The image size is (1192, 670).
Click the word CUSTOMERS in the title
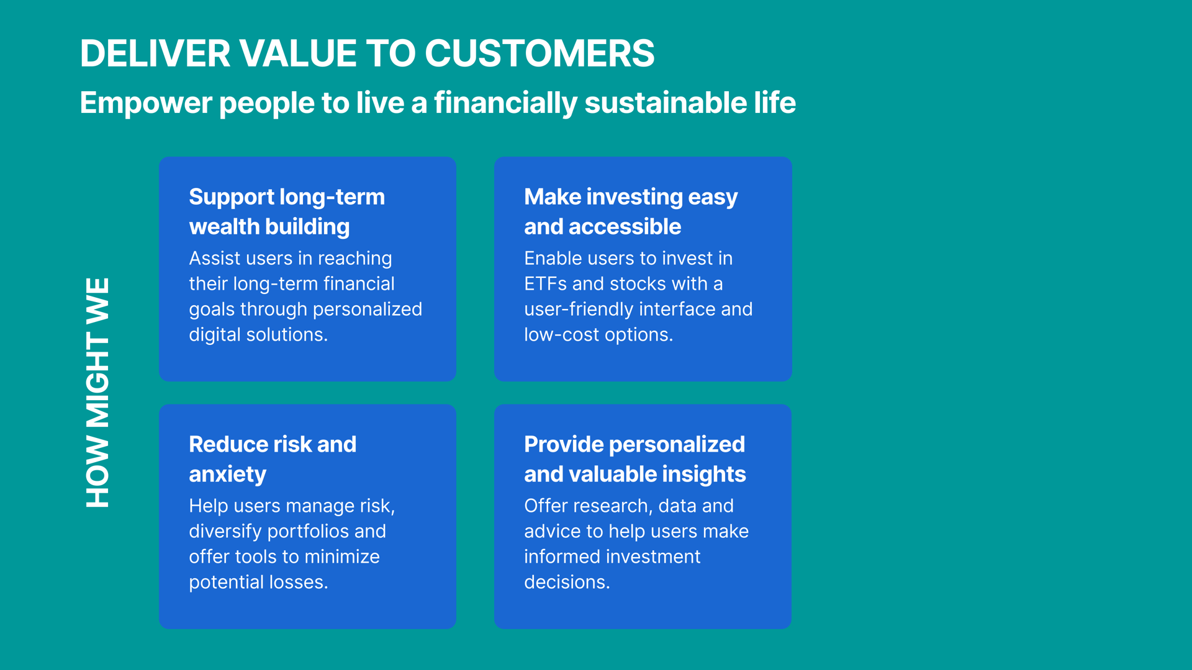click(540, 53)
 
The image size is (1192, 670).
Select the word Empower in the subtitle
click(146, 104)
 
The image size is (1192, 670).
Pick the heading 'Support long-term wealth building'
click(287, 212)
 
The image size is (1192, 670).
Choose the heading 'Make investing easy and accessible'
click(631, 212)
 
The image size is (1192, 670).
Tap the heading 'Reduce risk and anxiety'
click(273, 459)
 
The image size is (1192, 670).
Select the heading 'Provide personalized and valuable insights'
click(635, 459)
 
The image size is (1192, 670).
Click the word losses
click(299, 582)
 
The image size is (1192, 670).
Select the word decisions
click(567, 582)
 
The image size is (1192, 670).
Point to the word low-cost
click(562, 334)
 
